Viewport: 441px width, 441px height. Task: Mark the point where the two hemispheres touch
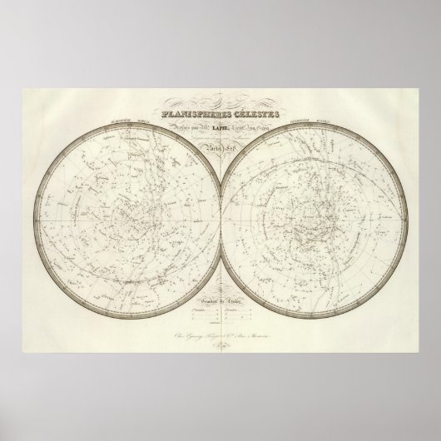[x=220, y=209]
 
